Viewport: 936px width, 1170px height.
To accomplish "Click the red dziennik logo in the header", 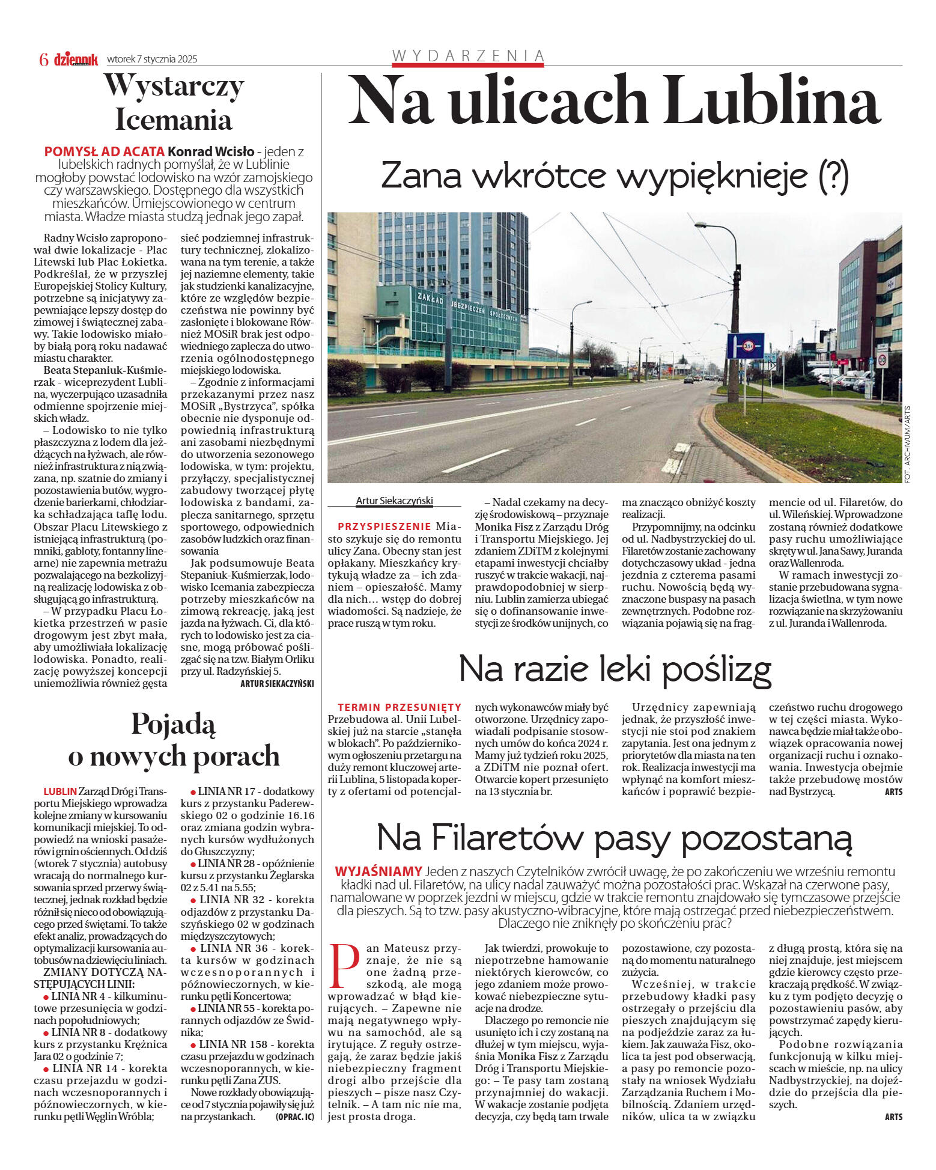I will pyautogui.click(x=76, y=59).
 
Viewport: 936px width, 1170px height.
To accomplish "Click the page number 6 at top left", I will pyautogui.click(x=43, y=59).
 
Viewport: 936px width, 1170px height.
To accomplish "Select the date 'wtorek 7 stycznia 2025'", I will pyautogui.click(x=152, y=59).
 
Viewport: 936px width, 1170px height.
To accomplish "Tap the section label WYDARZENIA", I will pyautogui.click(x=468, y=56).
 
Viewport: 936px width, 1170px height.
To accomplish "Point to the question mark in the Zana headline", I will pyautogui.click(x=834, y=175).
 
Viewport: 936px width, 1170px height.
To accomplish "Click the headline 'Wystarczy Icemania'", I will pyautogui.click(x=174, y=102).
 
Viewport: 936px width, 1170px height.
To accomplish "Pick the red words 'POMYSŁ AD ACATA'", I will pyautogui.click(x=104, y=151).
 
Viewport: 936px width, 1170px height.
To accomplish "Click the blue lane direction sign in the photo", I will pyautogui.click(x=746, y=346).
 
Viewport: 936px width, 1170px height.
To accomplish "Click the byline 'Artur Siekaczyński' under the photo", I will pyautogui.click(x=394, y=501).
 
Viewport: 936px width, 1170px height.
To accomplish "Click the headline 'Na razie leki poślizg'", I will pyautogui.click(x=615, y=669).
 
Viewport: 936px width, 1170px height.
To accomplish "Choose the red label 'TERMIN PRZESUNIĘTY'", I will pyautogui.click(x=400, y=707).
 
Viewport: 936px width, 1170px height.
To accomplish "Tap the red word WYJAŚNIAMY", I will pyautogui.click(x=378, y=871).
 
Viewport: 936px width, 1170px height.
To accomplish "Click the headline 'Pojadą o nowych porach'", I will pyautogui.click(x=174, y=740).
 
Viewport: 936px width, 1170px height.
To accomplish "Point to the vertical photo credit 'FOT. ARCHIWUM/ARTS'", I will pyautogui.click(x=907, y=443).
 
